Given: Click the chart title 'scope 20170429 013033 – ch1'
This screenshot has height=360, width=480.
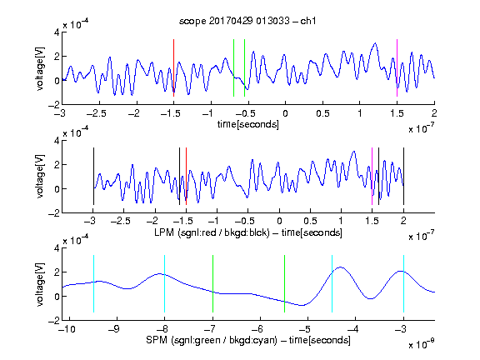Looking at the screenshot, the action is tap(247, 21).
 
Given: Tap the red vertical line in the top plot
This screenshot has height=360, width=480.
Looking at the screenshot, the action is tap(173, 68).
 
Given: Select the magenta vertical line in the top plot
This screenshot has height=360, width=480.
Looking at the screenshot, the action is tap(397, 68).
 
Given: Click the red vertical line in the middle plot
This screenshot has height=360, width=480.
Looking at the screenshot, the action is tap(186, 176).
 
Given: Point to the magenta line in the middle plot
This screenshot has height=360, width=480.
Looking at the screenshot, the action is tap(372, 176).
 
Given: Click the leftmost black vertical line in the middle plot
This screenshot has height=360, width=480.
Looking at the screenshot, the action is tap(93, 176).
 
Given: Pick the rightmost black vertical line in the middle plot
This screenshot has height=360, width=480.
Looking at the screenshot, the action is tap(403, 176).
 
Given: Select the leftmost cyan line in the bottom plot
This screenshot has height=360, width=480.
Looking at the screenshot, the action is tap(93, 283).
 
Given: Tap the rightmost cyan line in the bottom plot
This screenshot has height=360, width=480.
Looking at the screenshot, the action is tap(403, 283).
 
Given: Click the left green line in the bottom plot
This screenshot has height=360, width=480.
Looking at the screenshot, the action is tap(212, 283).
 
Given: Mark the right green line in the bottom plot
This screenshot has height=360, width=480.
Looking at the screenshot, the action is tap(284, 283).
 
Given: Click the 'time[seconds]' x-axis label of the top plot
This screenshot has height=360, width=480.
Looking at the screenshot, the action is tap(248, 124).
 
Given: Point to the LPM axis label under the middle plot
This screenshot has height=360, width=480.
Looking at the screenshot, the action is tap(248, 232).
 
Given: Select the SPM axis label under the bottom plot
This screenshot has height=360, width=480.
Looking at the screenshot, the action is tap(248, 340).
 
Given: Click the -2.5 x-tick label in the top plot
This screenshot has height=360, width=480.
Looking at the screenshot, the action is tap(96, 113).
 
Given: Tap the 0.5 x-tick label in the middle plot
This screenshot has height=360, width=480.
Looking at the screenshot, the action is tap(310, 221).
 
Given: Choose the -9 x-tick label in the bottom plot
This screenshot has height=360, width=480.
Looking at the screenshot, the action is tap(114, 329).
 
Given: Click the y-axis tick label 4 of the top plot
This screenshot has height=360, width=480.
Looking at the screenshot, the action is tap(57, 32).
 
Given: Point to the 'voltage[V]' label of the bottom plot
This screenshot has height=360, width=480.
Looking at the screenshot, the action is tap(40, 284).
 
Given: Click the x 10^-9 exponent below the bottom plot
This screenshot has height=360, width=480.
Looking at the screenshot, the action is tap(421, 344).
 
